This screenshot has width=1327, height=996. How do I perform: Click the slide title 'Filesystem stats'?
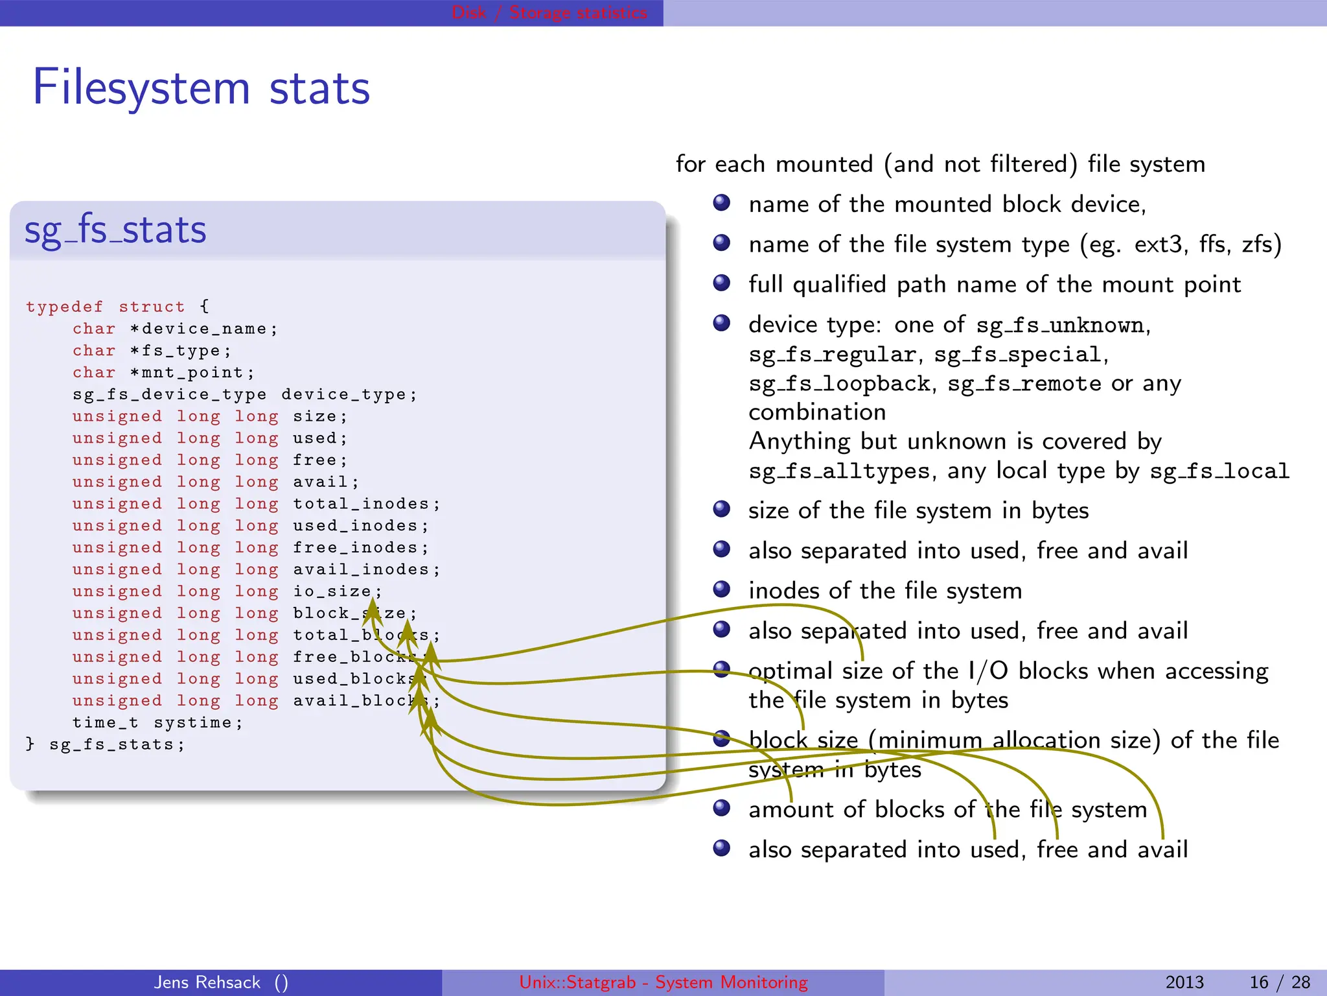(201, 88)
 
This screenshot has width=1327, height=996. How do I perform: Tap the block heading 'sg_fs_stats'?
(115, 230)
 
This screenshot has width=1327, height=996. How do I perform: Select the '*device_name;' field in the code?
(203, 329)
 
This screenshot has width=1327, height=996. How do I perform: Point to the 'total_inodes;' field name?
(366, 504)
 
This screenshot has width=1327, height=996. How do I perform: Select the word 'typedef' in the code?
(64, 307)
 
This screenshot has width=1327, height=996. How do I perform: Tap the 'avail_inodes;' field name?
(366, 569)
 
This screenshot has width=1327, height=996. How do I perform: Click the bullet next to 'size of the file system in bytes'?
(722, 510)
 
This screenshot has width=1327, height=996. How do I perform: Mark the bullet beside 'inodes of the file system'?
(722, 589)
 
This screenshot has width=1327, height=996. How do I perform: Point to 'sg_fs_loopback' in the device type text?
(840, 384)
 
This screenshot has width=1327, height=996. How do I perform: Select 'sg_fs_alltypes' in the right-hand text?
(840, 471)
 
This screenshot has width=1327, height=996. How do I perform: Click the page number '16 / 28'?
(1280, 982)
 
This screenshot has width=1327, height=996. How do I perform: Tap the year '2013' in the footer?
(1184, 982)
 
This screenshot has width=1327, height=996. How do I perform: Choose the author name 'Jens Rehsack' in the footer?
(207, 982)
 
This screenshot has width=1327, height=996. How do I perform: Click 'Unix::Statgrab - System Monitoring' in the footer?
(663, 982)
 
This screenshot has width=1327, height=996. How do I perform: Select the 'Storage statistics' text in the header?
(578, 12)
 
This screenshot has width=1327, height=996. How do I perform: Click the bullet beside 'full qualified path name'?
(722, 283)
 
